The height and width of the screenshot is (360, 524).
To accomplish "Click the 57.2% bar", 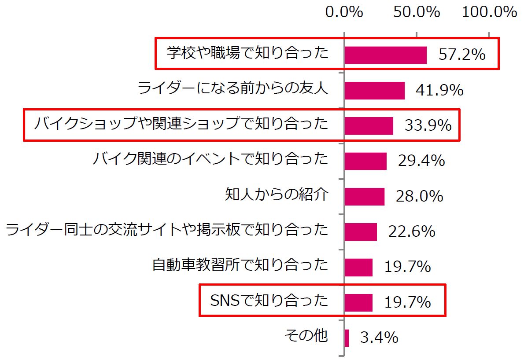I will click(385, 55).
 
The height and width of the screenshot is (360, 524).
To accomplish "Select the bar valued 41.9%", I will click(374, 90).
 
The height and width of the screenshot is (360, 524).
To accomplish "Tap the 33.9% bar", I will click(369, 125).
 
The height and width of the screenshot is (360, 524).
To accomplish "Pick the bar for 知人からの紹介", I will click(364, 196).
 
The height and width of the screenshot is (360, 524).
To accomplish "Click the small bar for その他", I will click(347, 338).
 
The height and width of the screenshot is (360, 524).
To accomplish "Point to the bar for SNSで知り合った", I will click(358, 302).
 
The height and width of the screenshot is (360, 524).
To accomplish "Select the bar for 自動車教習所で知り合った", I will click(358, 267).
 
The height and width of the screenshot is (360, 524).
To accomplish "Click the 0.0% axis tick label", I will click(344, 12).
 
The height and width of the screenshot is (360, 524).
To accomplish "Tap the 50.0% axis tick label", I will click(417, 12).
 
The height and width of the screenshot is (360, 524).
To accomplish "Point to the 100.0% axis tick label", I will click(489, 12).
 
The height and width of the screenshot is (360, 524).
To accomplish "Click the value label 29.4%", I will click(421, 161).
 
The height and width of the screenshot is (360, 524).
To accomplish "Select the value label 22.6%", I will click(412, 231).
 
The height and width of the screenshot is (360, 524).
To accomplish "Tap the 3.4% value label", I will click(379, 338).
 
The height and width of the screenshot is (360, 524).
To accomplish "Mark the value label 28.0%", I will click(419, 196).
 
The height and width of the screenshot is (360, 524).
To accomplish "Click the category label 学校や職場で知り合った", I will click(247, 54).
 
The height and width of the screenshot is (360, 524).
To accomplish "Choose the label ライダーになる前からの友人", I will click(233, 89).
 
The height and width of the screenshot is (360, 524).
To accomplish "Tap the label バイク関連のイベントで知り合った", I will click(210, 159).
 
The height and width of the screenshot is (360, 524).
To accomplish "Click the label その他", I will click(306, 336).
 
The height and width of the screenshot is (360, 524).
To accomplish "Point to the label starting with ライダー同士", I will click(167, 230).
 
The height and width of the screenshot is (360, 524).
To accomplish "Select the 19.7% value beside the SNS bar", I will click(407, 302).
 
